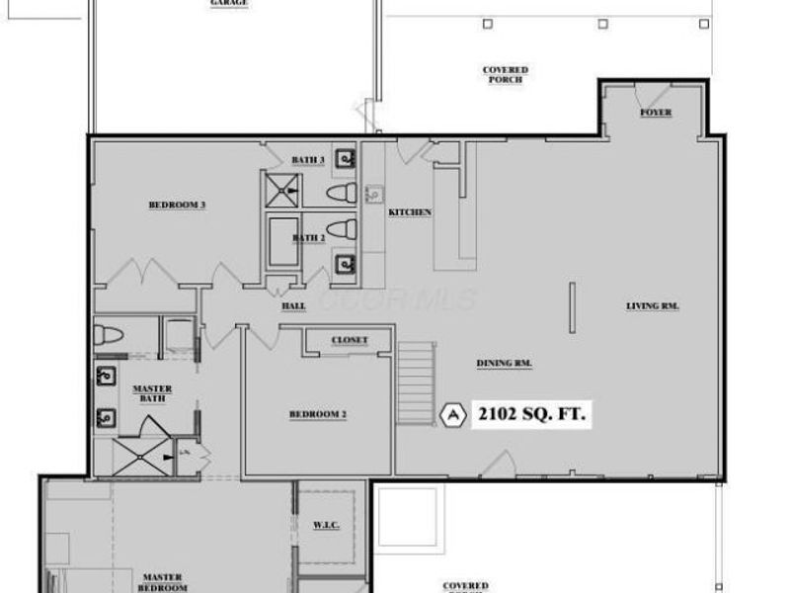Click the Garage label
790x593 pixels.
(228, 3)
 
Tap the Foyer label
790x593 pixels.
(656, 113)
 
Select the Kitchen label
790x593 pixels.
(410, 212)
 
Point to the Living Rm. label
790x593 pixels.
(655, 305)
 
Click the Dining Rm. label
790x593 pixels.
(505, 364)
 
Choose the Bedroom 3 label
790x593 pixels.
(177, 206)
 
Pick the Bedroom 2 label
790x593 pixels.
(317, 414)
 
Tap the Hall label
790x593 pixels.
(293, 306)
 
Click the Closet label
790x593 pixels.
(350, 340)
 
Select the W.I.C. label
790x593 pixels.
(327, 525)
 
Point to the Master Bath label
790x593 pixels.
(152, 394)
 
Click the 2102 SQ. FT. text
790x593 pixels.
(532, 414)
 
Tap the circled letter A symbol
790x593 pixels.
(454, 415)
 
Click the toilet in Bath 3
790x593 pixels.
(341, 191)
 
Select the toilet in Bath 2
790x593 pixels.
(341, 229)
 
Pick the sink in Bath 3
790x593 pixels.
(345, 158)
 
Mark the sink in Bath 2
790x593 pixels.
(345, 264)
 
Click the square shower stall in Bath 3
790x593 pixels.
(282, 189)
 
